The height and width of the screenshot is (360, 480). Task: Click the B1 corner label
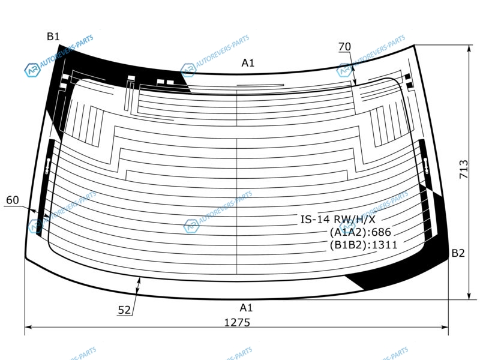point(53,37)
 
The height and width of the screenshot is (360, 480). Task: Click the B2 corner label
point(458,253)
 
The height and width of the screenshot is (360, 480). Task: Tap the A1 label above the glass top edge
point(248,63)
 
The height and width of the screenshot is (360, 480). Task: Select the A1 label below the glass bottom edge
point(247,308)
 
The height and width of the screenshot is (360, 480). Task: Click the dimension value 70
point(344,47)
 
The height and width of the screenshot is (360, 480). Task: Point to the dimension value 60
point(13,200)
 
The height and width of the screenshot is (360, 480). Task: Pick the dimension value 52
point(124,310)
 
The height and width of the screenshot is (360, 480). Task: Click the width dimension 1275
point(237,322)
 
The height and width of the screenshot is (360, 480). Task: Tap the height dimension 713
point(464,169)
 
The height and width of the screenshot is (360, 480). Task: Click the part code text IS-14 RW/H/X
point(338,219)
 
